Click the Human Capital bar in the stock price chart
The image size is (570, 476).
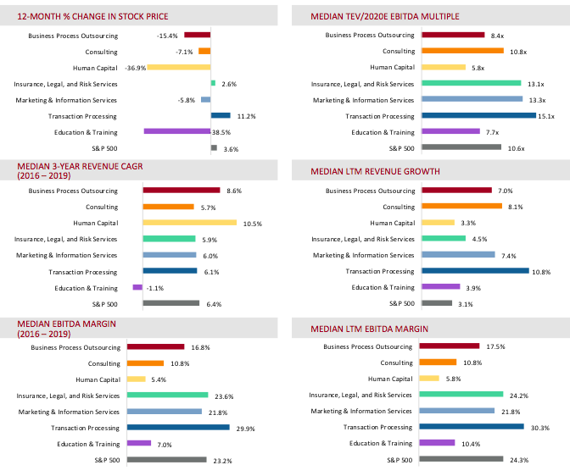pyautogui.click(x=179, y=67)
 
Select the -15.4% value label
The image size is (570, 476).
pyautogui.click(x=167, y=36)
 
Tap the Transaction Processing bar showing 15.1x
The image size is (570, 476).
pyautogui.click(x=478, y=115)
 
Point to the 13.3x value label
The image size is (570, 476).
pyautogui.click(x=537, y=100)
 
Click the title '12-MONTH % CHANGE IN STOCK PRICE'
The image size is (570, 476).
pyautogui.click(x=92, y=16)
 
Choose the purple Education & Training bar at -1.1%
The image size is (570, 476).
pyautogui.click(x=137, y=287)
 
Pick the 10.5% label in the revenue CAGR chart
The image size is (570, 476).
pyautogui.click(x=253, y=224)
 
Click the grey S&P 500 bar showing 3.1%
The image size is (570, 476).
pyautogui.click(x=437, y=303)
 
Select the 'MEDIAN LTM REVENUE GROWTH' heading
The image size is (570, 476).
pyautogui.click(x=375, y=171)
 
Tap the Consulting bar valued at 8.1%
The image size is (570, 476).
pyautogui.click(x=461, y=206)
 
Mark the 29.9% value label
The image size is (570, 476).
pyautogui.click(x=245, y=429)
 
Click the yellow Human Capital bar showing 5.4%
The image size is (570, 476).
pyautogui.click(x=137, y=379)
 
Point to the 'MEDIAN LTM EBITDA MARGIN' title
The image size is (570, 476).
pyautogui.click(x=369, y=329)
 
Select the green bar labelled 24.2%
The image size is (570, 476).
pyautogui.click(x=461, y=394)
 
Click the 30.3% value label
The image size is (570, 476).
pyautogui.click(x=539, y=428)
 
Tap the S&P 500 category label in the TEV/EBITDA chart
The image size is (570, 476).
pyautogui.click(x=402, y=148)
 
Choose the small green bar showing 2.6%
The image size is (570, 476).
pyautogui.click(x=214, y=83)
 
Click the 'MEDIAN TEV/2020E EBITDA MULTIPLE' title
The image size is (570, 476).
pyautogui.click(x=385, y=16)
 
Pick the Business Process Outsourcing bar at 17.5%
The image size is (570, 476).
pyautogui.click(x=450, y=346)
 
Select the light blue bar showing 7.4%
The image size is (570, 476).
pyautogui.click(x=458, y=255)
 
